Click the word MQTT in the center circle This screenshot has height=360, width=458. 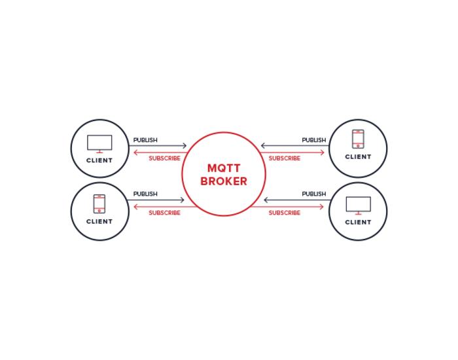click(x=224, y=168)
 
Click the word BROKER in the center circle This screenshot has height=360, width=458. click(x=224, y=181)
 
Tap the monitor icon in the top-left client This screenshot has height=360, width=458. click(x=99, y=143)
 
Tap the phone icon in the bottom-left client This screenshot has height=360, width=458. click(x=99, y=204)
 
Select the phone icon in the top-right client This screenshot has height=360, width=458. click(x=358, y=139)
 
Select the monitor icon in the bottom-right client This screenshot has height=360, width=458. click(x=358, y=205)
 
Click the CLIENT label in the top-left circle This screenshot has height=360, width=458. click(x=99, y=160)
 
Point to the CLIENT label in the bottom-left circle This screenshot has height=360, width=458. click(x=99, y=221)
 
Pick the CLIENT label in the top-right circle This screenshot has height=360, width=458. click(x=358, y=157)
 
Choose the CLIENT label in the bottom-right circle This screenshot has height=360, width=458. click(x=358, y=222)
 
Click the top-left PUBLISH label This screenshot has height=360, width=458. click(x=145, y=140)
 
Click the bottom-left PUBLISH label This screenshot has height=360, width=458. click(x=145, y=194)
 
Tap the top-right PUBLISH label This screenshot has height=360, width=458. click(x=313, y=140)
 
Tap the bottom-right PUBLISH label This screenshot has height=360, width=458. click(x=313, y=194)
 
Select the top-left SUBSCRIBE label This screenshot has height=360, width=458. click(x=164, y=158)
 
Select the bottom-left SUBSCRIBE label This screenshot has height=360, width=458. click(x=164, y=213)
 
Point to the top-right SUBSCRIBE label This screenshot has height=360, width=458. click(x=285, y=158)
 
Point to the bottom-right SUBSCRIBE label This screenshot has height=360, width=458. click(x=285, y=213)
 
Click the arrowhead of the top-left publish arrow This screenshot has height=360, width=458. click(x=185, y=146)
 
